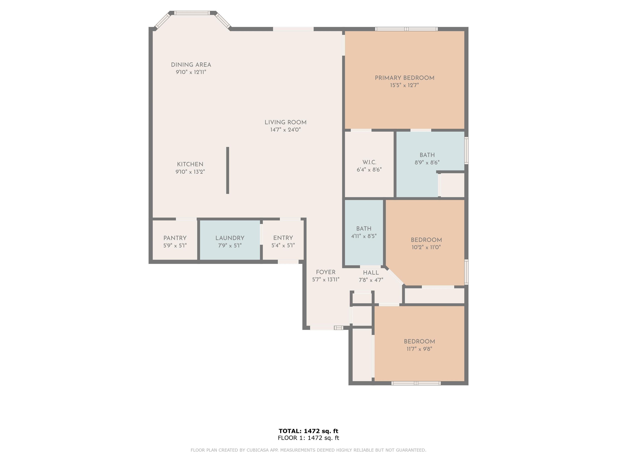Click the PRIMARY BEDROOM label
coord(405,78)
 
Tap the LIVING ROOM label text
coord(285,123)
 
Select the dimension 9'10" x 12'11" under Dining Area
coord(191,72)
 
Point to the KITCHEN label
coord(190,164)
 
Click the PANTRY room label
coord(175,238)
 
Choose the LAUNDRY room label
coord(230,238)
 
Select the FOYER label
coord(326,272)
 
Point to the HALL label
coord(371,273)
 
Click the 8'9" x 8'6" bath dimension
coord(427,162)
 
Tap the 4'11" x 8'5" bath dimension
coord(364,236)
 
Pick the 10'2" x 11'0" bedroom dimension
coord(426,247)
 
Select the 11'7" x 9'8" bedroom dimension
coord(419,349)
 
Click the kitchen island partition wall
coord(228,170)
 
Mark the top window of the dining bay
coord(192,13)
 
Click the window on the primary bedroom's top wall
coord(406,29)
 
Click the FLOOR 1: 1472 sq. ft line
coord(308,438)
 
